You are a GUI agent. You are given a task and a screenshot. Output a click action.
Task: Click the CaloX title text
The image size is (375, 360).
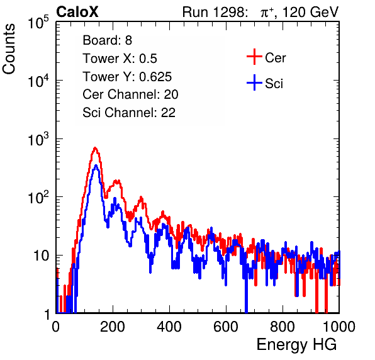[x=77, y=12]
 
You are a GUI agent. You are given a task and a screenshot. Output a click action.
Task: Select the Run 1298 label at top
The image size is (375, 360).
[x=215, y=12]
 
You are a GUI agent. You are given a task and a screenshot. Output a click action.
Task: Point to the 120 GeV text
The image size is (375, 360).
[x=311, y=12]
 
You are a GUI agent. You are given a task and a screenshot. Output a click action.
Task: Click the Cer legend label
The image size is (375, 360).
[x=275, y=58]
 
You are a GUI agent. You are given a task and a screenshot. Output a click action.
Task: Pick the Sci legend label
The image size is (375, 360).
[x=274, y=84]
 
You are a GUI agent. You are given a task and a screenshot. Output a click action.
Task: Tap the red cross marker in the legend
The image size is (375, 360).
[x=254, y=57]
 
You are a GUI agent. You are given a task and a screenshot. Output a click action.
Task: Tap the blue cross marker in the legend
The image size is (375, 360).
[x=254, y=82]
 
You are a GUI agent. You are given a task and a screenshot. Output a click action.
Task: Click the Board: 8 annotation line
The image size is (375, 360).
[x=107, y=40]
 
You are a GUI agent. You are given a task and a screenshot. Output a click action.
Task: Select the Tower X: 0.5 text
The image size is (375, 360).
[x=120, y=59]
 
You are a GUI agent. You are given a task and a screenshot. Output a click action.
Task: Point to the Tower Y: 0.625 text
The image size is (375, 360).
[x=127, y=77]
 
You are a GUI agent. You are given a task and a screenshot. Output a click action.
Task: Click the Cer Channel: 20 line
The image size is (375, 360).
[x=130, y=94]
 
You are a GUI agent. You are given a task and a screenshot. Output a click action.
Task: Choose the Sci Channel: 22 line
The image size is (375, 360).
[x=129, y=113]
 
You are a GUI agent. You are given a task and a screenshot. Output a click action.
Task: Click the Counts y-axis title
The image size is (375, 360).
[x=9, y=49]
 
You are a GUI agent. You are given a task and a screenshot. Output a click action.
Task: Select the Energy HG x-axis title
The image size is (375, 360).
[x=296, y=344]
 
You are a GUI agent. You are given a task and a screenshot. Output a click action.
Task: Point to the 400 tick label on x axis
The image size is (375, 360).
[x=169, y=327]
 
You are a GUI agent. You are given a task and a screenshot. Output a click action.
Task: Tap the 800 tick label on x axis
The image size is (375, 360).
[x=283, y=327]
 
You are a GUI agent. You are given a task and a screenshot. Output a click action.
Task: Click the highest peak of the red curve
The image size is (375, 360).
[x=95, y=148]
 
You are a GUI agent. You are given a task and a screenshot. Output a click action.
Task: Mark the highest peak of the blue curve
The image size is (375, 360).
[x=96, y=166]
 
